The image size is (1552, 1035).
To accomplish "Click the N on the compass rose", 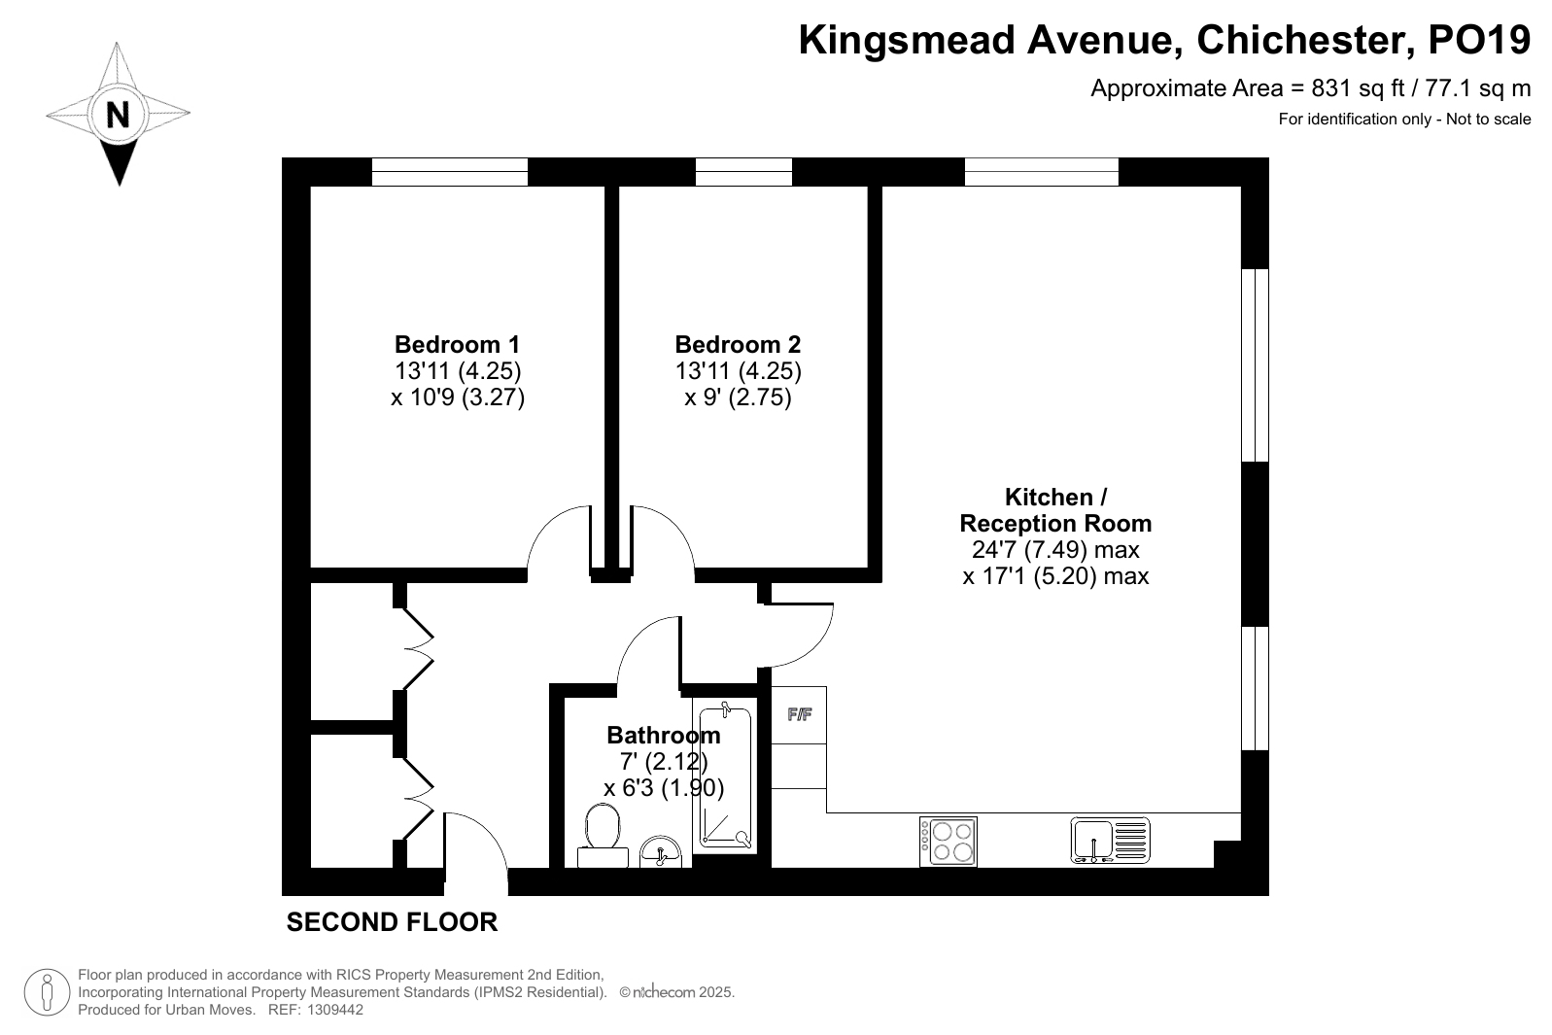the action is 118,115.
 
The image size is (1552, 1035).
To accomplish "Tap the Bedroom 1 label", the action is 458,344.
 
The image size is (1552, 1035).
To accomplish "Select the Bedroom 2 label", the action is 738,344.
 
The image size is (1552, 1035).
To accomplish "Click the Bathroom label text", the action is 664,735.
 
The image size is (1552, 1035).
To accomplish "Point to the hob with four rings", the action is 948,841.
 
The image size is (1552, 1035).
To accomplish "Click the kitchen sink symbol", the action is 1110,841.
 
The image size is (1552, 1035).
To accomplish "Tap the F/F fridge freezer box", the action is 799,715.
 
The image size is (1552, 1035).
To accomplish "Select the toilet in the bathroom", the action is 603,835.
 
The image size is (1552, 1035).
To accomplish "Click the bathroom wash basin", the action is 661,852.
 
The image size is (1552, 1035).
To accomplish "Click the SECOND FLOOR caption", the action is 393,922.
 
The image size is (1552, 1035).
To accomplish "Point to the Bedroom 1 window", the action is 450,172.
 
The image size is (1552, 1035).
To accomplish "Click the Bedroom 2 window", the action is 743,172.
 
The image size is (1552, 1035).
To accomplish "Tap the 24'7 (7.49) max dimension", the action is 1055,549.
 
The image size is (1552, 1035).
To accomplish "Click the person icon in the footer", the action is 47,992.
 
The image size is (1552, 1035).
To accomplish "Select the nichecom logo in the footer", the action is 658,992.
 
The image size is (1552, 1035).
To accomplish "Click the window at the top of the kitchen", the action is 1042,172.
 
